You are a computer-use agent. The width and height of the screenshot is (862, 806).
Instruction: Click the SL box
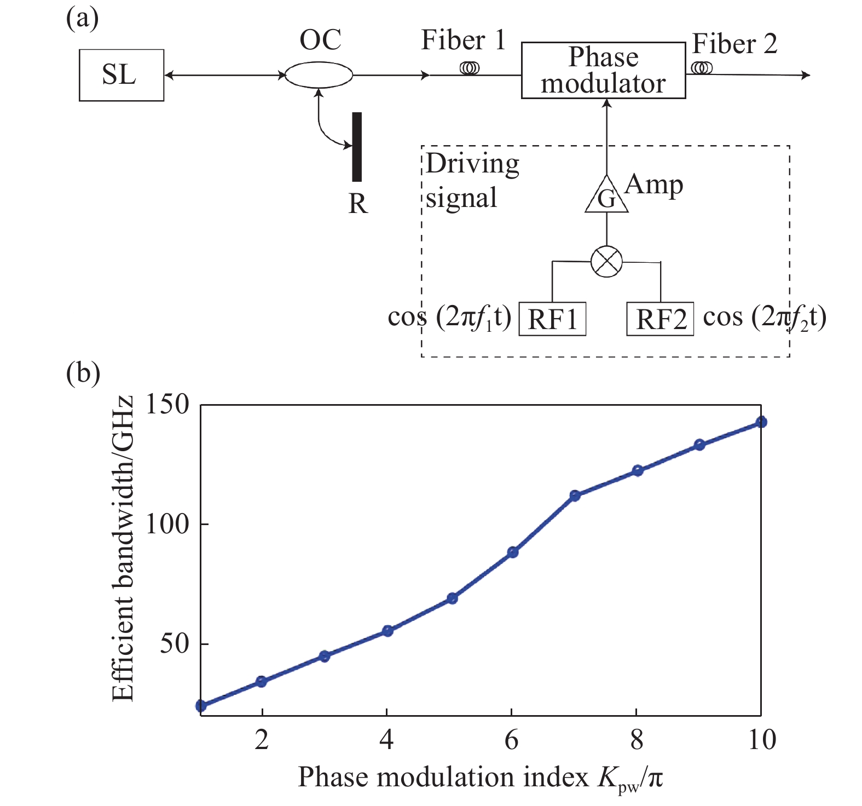(121, 75)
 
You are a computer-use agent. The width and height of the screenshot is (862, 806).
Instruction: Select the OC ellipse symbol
(319, 75)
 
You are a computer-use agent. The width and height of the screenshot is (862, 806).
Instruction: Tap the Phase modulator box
(603, 71)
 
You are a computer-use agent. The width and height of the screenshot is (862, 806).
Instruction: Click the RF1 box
(552, 319)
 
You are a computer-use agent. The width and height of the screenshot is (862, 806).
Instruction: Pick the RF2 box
(660, 319)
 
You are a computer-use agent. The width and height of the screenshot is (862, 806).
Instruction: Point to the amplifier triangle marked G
(606, 196)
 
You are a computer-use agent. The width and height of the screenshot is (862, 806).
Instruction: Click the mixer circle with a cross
(606, 261)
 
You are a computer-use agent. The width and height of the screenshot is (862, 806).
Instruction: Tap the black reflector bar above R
(357, 147)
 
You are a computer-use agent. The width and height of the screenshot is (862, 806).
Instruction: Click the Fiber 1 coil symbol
(470, 68)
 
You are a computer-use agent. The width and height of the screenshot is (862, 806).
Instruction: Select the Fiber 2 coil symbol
(702, 68)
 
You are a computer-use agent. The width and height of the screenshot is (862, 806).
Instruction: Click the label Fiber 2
(734, 44)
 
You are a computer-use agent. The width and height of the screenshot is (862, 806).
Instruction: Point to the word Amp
(654, 185)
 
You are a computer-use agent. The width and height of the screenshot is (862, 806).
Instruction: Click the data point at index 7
(575, 496)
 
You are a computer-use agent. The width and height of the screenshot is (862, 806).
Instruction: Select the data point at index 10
(761, 422)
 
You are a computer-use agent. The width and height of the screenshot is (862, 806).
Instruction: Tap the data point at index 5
(452, 598)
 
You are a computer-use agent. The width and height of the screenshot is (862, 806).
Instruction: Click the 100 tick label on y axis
(167, 524)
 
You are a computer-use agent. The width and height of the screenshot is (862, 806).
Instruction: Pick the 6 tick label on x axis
(511, 740)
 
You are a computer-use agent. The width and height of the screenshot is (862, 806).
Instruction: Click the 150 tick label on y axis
(167, 405)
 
